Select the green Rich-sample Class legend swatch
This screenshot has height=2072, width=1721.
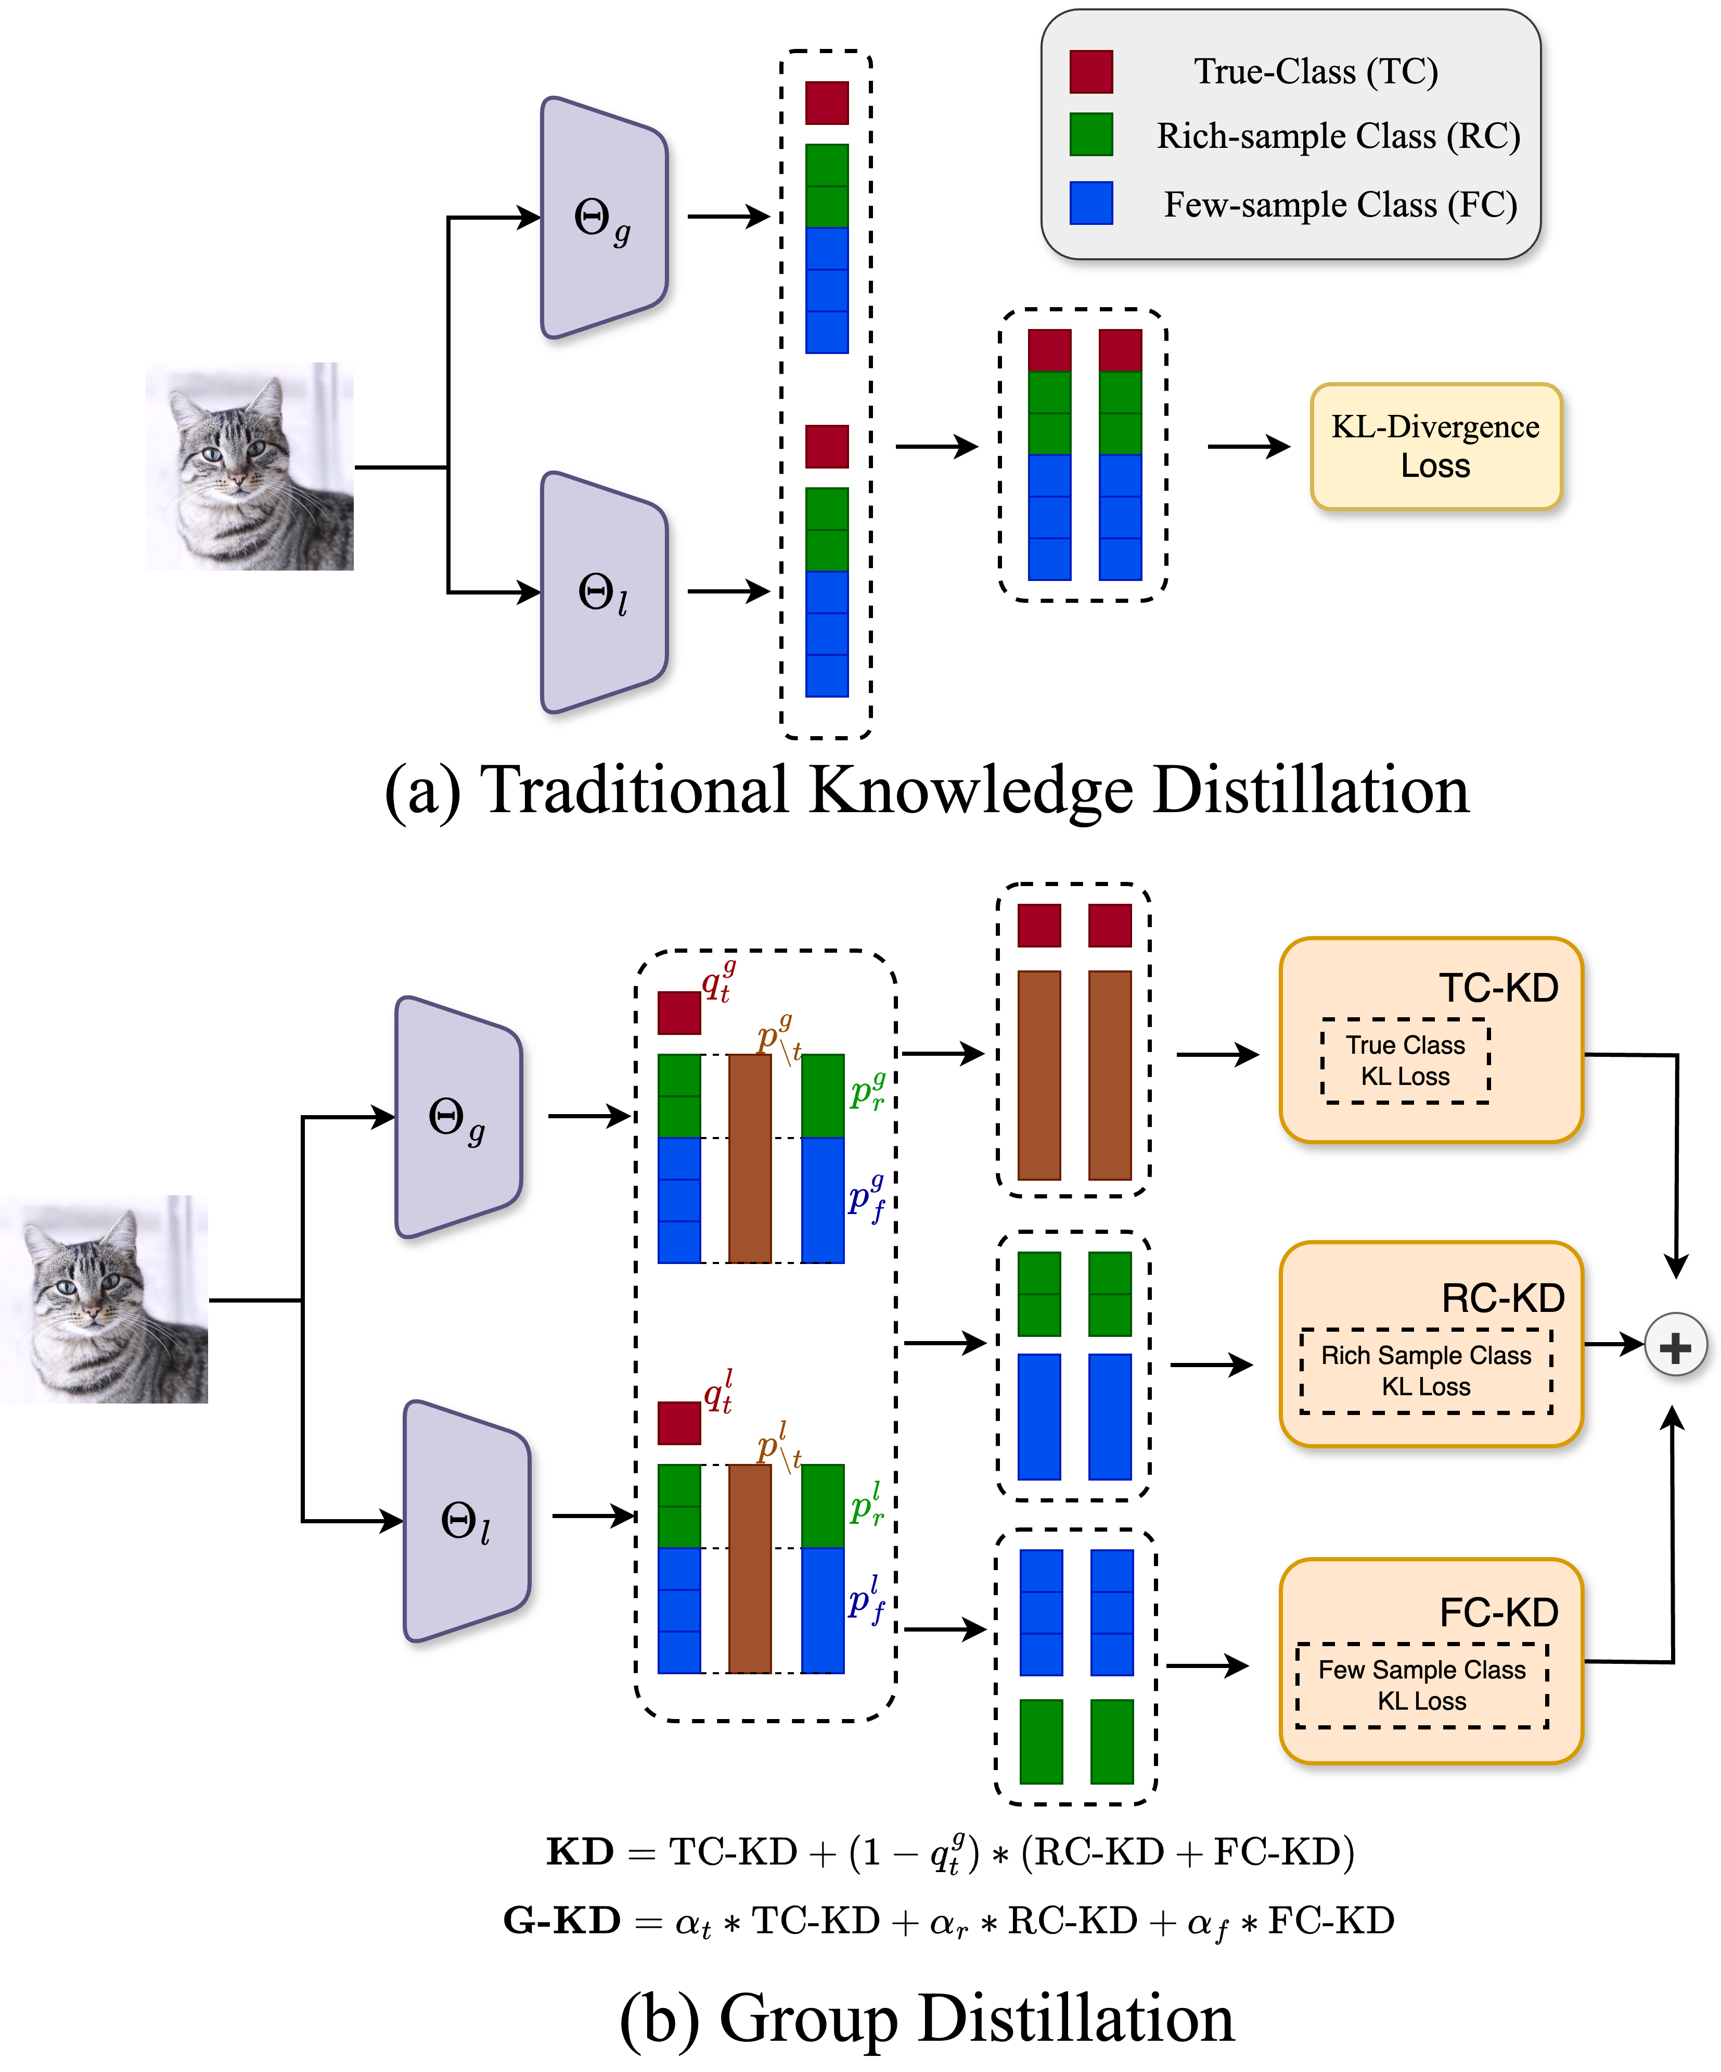coord(1091,134)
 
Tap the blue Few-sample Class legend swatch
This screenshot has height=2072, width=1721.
coord(1091,203)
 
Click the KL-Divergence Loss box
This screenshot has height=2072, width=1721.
coord(1435,446)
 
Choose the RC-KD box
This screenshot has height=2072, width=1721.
coord(1430,1344)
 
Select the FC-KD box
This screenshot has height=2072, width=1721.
coord(1430,1661)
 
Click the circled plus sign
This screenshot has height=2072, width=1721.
coord(1675,1346)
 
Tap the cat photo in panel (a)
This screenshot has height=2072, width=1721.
coord(250,466)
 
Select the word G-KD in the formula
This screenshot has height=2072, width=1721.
coord(561,1920)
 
